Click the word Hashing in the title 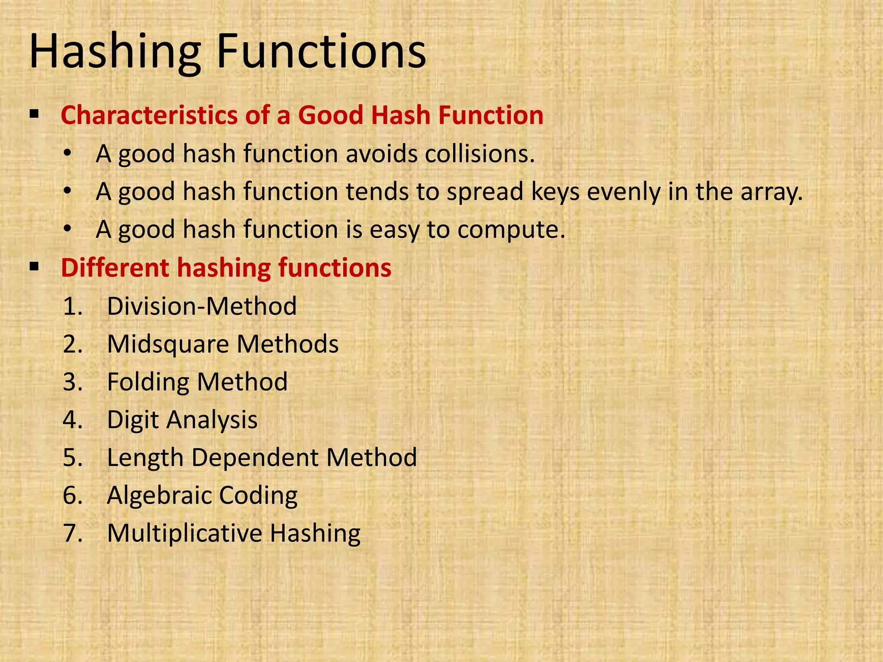[x=115, y=53]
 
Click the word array [x=771, y=192]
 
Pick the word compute [x=511, y=229]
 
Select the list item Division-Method [x=202, y=306]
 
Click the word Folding [x=147, y=382]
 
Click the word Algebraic [x=159, y=495]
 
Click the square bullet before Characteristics [x=34, y=115]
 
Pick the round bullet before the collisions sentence [x=67, y=153]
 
